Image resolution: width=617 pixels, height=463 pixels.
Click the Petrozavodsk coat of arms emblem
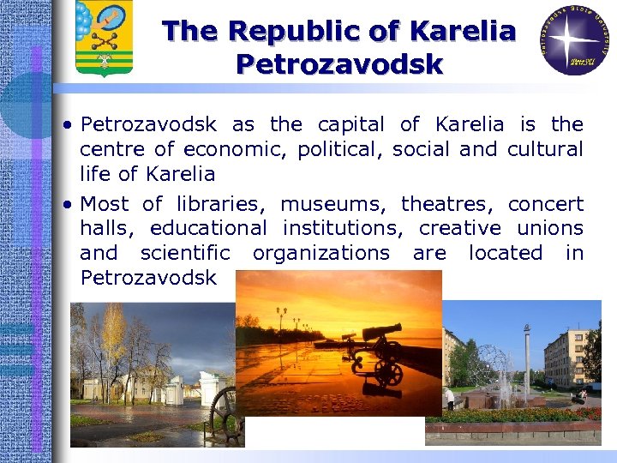[x=104, y=38]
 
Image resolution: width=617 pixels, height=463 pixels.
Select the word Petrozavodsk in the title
[x=339, y=64]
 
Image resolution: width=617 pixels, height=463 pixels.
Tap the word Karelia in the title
[x=463, y=32]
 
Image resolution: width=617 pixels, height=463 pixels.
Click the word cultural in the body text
[x=545, y=149]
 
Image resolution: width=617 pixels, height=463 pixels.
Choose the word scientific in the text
[x=185, y=253]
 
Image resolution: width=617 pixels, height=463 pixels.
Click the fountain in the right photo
[x=492, y=377]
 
